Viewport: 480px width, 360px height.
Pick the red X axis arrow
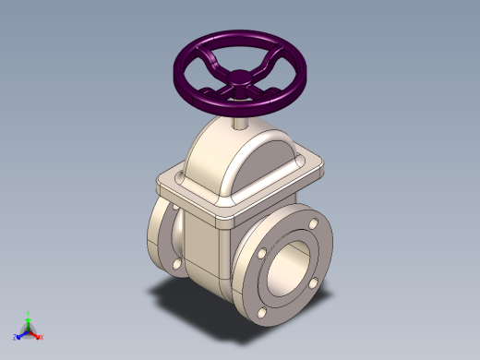37,331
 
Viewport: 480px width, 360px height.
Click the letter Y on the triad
29,313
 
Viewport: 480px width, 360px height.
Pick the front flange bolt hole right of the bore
314,282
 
